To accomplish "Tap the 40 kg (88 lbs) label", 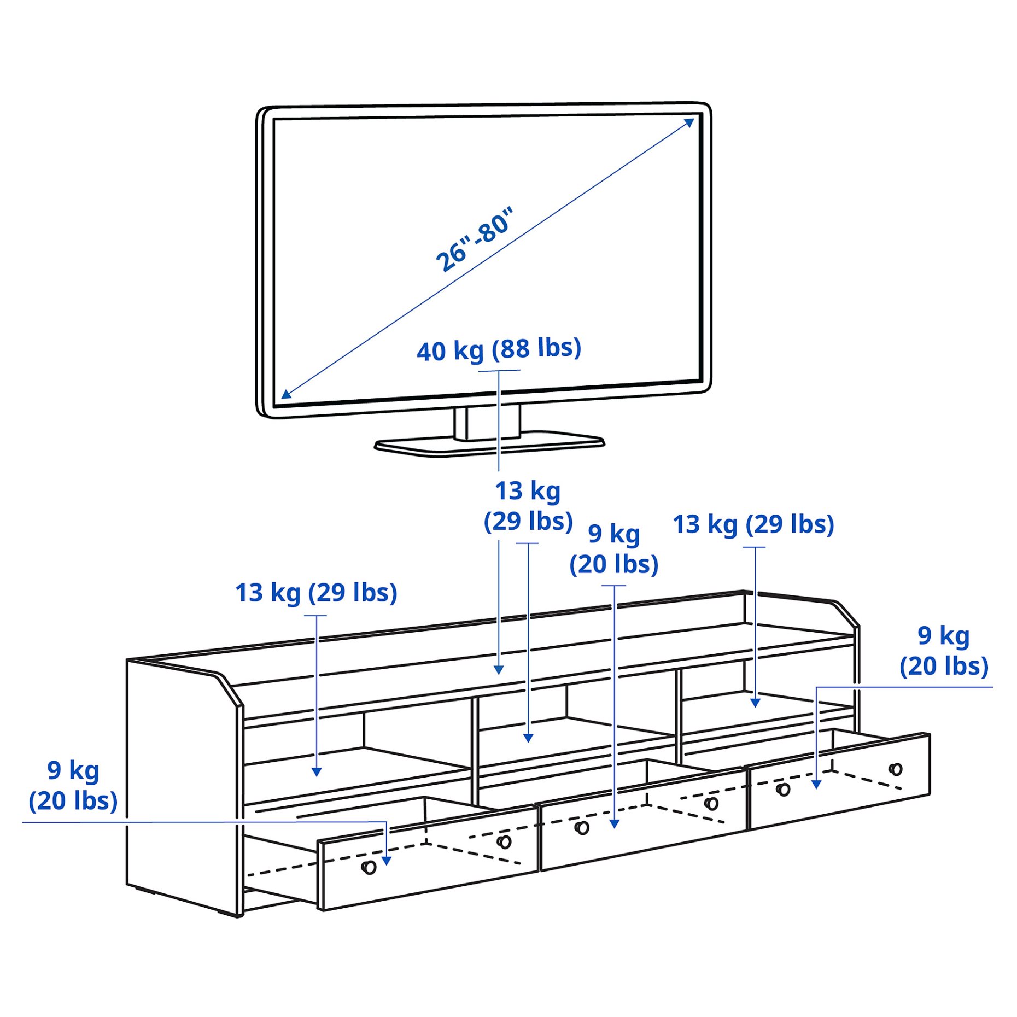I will click(498, 349).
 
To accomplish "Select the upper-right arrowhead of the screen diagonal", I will click(690, 122).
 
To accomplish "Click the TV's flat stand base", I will click(489, 445).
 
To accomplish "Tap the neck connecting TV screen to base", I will click(487, 422).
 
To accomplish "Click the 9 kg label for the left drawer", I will click(73, 785).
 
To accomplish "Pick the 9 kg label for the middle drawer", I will click(613, 548).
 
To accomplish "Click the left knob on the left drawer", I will click(369, 867).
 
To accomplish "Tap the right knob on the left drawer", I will click(504, 841).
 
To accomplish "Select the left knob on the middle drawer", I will click(582, 828).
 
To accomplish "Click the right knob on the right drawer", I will click(896, 769).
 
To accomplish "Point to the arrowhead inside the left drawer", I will click(387, 861).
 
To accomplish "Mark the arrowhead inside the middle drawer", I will click(614, 824).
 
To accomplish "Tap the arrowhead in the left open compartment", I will click(317, 772).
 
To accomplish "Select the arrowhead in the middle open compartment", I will click(528, 738).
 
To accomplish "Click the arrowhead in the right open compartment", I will click(755, 703).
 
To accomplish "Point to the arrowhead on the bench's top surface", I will click(498, 670).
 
